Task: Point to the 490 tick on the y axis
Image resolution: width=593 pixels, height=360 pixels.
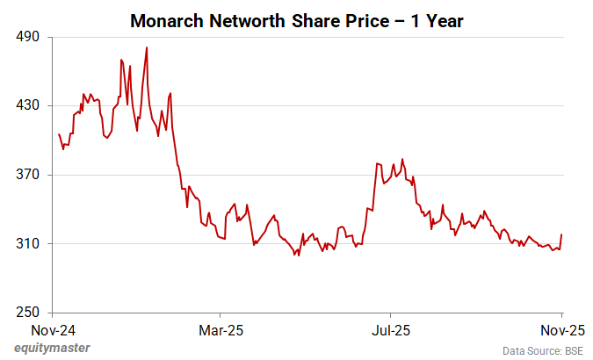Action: tap(30, 38)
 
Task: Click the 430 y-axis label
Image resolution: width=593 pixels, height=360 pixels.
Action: tap(30, 106)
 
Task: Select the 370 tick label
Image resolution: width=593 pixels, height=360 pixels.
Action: tap(30, 175)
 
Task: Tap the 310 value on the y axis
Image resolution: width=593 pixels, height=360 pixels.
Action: tap(30, 243)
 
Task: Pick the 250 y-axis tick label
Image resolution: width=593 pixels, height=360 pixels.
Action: tap(30, 312)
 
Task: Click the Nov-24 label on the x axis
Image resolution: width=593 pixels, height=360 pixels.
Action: tap(53, 331)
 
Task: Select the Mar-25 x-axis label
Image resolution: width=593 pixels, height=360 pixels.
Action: tap(220, 331)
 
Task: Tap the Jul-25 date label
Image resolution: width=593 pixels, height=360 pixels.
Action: tap(389, 331)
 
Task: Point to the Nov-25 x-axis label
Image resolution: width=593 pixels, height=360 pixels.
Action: tap(561, 331)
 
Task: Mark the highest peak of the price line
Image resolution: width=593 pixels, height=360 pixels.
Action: tap(146, 47)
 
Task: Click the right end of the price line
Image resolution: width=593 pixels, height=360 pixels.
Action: tap(561, 234)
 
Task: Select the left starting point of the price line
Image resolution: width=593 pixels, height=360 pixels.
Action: tap(59, 134)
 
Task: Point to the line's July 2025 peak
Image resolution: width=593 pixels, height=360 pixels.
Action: tap(402, 159)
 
